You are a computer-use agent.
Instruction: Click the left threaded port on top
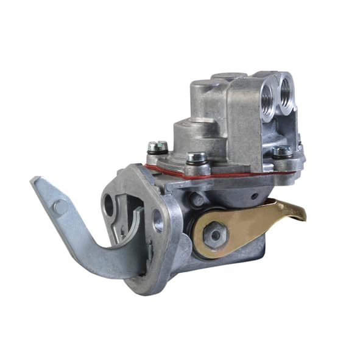pyautogui.click(x=267, y=91)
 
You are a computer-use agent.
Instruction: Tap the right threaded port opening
pyautogui.click(x=286, y=89)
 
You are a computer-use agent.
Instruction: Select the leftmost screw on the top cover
pyautogui.click(x=157, y=147)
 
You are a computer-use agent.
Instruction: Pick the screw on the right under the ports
pyautogui.click(x=281, y=151)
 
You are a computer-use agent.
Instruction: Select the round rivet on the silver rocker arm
pyautogui.click(x=60, y=206)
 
